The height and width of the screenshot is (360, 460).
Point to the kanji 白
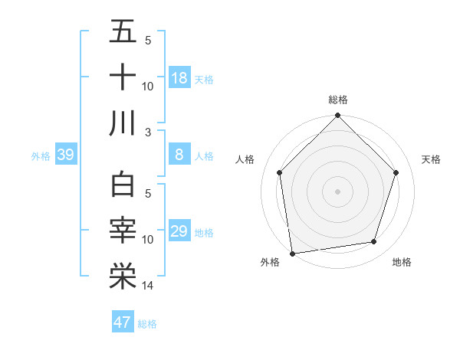(123, 186)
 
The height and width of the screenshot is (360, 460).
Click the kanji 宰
(123, 231)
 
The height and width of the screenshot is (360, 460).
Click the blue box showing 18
(179, 78)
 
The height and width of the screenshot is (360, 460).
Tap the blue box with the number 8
(179, 155)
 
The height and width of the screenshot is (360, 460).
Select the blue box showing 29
(179, 232)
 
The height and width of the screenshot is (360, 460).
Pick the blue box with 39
(66, 155)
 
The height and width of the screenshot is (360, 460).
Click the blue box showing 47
(123, 322)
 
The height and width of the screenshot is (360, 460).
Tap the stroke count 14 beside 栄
(148, 286)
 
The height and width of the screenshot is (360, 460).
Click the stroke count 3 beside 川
(148, 133)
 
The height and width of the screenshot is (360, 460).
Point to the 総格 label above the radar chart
(337, 100)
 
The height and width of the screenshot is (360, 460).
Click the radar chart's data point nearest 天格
(396, 172)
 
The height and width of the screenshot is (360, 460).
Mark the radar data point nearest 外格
(292, 253)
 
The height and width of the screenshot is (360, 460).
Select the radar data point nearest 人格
(279, 172)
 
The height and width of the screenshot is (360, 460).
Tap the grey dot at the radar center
(337, 191)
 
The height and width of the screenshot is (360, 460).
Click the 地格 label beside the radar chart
(402, 262)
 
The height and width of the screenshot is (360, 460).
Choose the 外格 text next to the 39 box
(41, 156)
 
